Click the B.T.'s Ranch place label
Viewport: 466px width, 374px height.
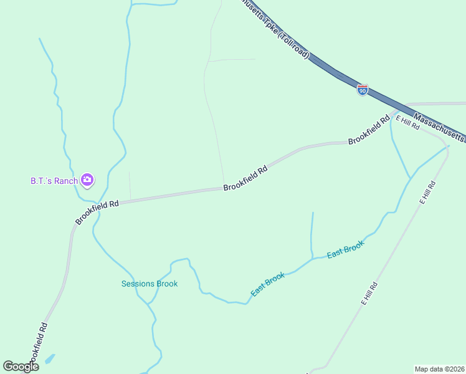click(54, 181)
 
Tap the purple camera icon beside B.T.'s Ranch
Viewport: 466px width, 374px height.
click(87, 181)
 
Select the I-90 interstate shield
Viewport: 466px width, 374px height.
click(363, 90)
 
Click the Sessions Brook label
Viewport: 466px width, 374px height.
click(150, 284)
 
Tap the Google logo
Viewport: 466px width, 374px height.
click(21, 366)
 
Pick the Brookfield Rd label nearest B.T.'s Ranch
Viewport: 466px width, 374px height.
click(97, 213)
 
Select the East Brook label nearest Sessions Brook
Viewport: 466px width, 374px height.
click(268, 284)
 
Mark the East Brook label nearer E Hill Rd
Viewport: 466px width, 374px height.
click(345, 251)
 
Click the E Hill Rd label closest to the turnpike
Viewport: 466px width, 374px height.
click(408, 122)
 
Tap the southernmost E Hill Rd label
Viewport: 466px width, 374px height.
click(370, 293)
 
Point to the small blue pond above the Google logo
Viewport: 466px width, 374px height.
click(49, 359)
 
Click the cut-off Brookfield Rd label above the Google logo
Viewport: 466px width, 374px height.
click(37, 346)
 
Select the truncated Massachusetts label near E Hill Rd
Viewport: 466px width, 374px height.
click(440, 127)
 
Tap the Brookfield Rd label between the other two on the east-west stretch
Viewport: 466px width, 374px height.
click(245, 178)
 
